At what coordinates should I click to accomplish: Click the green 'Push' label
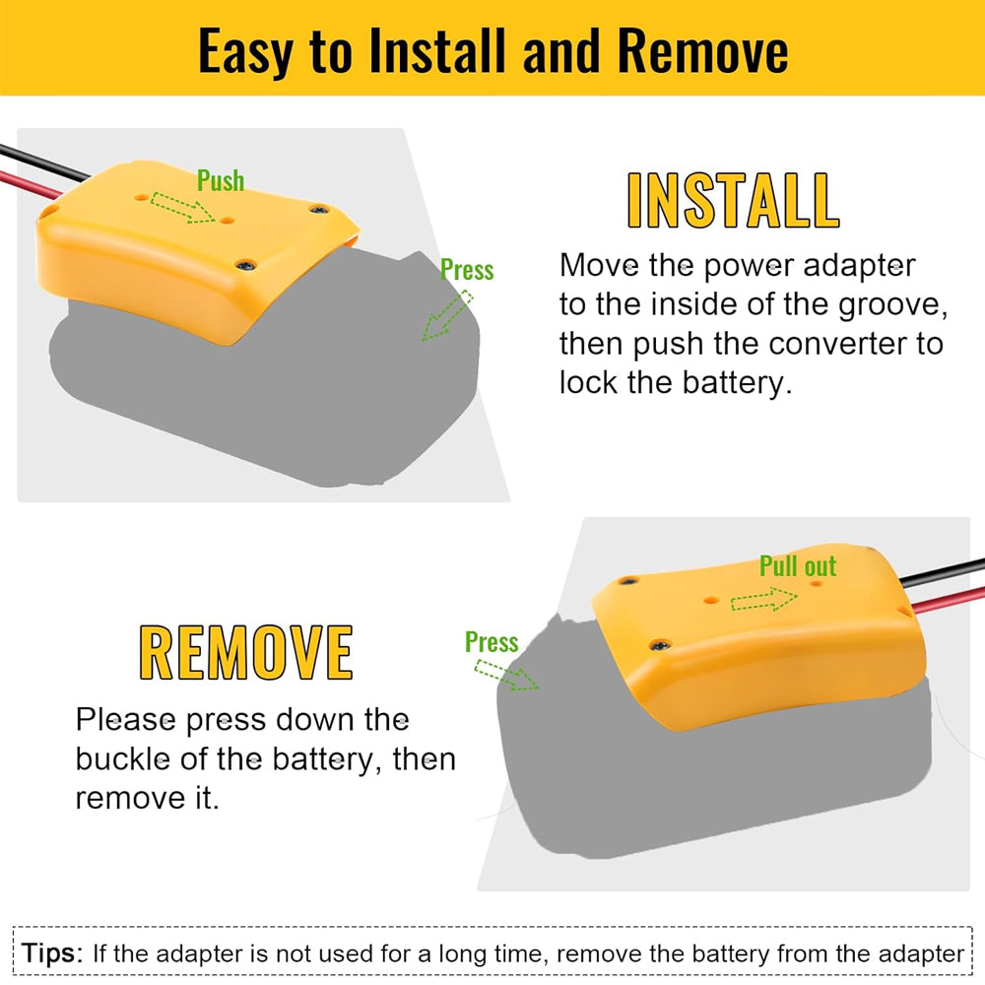[x=221, y=180]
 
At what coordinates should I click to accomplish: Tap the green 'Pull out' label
[x=798, y=566]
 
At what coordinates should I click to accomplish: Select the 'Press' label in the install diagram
[x=467, y=270]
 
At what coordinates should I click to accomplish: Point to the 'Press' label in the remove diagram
[x=492, y=642]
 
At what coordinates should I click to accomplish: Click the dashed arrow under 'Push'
[x=183, y=207]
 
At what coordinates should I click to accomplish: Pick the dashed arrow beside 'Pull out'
[x=764, y=599]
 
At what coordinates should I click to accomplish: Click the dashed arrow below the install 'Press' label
[x=446, y=315]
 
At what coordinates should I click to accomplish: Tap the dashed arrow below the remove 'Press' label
[x=506, y=676]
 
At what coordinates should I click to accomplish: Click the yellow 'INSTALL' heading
[x=733, y=200]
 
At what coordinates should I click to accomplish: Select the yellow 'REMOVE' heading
[x=245, y=653]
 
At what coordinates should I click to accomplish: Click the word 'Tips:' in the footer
[x=52, y=952]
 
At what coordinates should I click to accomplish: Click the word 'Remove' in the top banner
[x=702, y=50]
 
